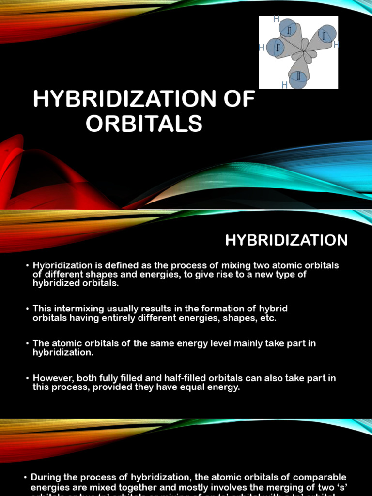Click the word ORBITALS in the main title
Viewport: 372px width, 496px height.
click(x=144, y=124)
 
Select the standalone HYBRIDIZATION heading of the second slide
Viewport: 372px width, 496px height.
click(x=286, y=240)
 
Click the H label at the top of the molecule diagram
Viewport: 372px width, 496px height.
click(x=276, y=19)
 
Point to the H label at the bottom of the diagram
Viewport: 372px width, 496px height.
click(x=284, y=85)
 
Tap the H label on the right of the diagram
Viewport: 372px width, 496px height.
click(x=336, y=45)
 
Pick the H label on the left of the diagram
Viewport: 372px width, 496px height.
click(x=262, y=48)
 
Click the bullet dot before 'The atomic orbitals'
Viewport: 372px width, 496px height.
click(x=28, y=344)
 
